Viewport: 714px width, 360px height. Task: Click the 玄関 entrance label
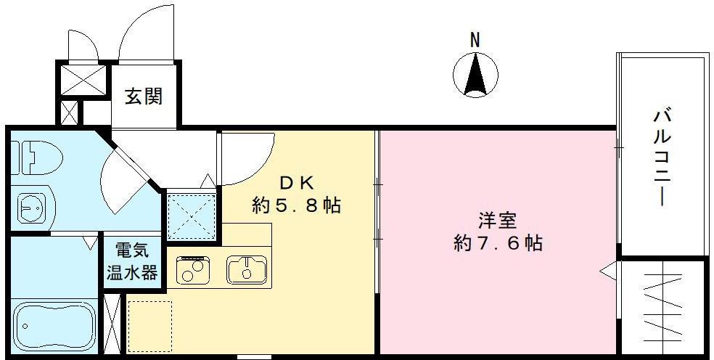click(143, 96)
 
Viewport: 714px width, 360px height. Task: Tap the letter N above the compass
click(474, 41)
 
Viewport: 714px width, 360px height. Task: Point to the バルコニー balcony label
click(660, 157)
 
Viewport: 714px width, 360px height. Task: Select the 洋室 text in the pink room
click(496, 220)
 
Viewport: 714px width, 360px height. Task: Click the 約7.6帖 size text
click(498, 243)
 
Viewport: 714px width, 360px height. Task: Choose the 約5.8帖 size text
click(296, 205)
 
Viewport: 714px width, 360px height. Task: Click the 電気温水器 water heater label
click(131, 262)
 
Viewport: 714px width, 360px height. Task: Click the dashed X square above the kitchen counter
click(192, 216)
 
